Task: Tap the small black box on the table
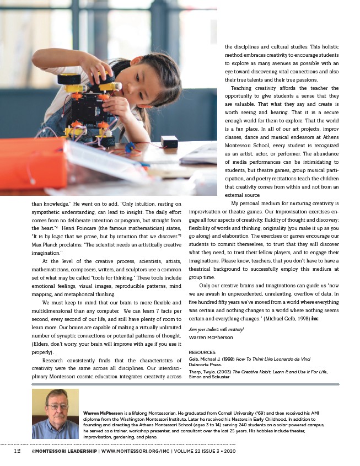click(169, 141)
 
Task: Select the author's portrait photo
click(55, 414)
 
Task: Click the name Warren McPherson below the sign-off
click(211, 337)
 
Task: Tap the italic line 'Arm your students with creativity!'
click(212, 329)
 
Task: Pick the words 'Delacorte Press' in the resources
click(206, 364)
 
